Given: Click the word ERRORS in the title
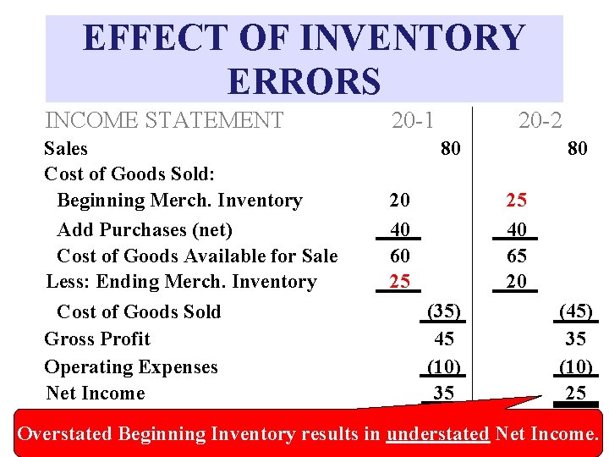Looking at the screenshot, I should [304, 81].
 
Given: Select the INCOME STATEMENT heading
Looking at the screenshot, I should [164, 121].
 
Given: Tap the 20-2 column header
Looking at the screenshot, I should [540, 120].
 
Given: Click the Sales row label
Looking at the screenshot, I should [65, 149].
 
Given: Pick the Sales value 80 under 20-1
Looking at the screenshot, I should [450, 149].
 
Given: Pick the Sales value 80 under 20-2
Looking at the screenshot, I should [577, 149].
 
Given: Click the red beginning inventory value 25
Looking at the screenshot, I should [516, 201].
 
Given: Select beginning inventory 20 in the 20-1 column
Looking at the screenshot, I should [399, 201].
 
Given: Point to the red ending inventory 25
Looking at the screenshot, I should [399, 281].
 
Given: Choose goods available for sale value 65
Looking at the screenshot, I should [516, 256].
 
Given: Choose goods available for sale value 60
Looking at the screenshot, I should [399, 256].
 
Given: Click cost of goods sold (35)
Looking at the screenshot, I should [443, 311].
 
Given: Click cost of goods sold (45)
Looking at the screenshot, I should [577, 311].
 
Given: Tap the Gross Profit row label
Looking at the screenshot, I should [97, 339].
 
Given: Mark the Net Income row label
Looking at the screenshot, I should [96, 394].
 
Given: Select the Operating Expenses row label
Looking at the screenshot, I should [131, 367].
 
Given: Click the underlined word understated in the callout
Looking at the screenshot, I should [437, 434].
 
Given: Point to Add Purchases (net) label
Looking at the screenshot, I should [145, 229].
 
